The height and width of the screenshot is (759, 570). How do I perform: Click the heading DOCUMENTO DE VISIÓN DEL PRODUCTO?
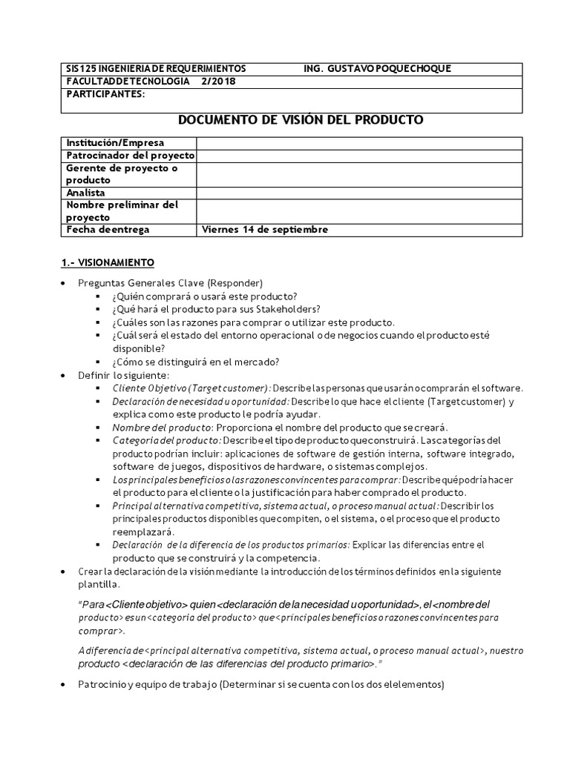tap(301, 119)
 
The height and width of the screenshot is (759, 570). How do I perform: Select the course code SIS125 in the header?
tap(81, 69)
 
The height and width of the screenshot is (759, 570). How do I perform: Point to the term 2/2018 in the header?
tap(218, 82)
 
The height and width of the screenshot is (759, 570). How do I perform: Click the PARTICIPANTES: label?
tap(106, 94)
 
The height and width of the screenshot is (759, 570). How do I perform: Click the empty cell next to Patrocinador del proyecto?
tap(359, 155)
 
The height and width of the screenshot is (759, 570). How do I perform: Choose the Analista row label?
tap(86, 193)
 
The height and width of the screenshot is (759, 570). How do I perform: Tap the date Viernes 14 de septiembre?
tap(264, 230)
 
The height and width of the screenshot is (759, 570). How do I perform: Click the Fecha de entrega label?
tap(108, 230)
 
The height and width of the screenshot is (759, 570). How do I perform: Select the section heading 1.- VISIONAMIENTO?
tap(107, 262)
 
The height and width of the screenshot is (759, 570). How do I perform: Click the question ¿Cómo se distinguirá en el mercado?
tap(195, 362)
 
